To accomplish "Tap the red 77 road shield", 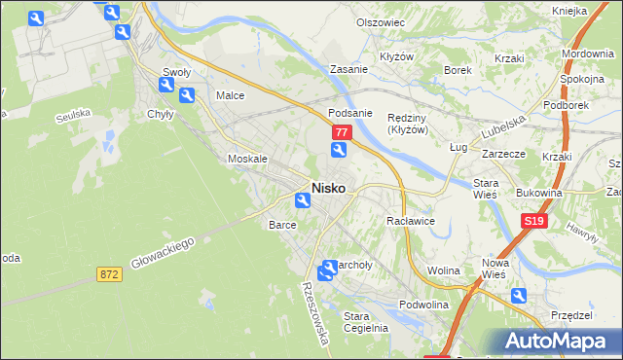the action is [341, 131].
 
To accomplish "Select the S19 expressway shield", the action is [532, 222].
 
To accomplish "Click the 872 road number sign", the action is [109, 275].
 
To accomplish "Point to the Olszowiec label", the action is [380, 21].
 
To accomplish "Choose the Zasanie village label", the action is [348, 70].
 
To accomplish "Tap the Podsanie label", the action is [350, 112].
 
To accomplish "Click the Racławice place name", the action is [410, 222].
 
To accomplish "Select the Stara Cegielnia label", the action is [366, 321].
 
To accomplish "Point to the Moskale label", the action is [246, 159].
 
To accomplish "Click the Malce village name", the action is [230, 96].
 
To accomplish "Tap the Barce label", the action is [282, 224].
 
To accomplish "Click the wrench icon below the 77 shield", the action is [338, 150].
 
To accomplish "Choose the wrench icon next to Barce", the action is [303, 200].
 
